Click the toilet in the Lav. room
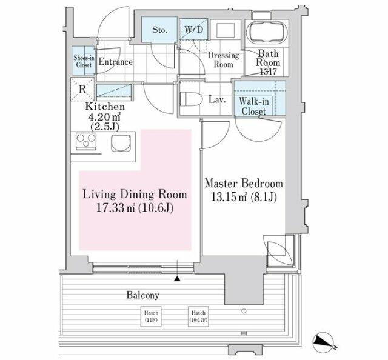[192, 99]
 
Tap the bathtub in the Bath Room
[267, 33]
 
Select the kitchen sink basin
[121, 143]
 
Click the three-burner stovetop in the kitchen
[86, 141]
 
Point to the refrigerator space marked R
[82, 89]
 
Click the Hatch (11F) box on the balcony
[151, 316]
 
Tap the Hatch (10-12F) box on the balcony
[198, 316]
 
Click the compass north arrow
[323, 342]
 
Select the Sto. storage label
[159, 30]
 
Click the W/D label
[194, 30]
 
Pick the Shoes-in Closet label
[84, 61]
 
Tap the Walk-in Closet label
[253, 107]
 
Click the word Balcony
[143, 295]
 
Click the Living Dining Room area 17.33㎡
[115, 208]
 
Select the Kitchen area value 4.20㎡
[104, 116]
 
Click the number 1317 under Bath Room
[268, 72]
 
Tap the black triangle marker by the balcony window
[177, 279]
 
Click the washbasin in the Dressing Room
[226, 30]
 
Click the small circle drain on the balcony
[244, 311]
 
